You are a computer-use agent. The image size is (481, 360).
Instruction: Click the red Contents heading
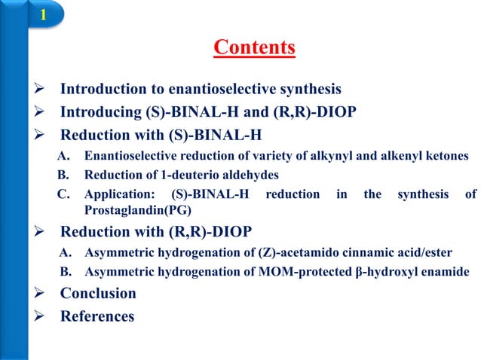[254, 48]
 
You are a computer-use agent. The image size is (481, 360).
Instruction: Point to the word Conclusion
[98, 293]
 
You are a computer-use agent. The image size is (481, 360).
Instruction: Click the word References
[97, 316]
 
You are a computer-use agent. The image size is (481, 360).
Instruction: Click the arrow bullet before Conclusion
[42, 294]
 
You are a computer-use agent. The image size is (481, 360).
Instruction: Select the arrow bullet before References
[42, 317]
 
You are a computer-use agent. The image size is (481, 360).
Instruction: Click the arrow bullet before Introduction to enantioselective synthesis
[42, 90]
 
